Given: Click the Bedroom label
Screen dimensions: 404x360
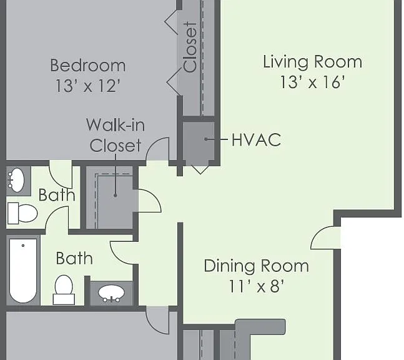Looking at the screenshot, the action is pyautogui.click(x=88, y=66).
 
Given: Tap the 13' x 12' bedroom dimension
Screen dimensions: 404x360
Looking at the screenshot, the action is pyautogui.click(x=88, y=86).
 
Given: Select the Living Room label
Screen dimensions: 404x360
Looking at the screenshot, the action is pyautogui.click(x=313, y=62).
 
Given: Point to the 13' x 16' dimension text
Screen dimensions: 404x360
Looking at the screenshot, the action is pyautogui.click(x=312, y=82).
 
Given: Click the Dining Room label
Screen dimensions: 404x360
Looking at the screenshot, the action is pyautogui.click(x=257, y=266).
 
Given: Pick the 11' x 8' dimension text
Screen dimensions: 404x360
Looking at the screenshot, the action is pyautogui.click(x=257, y=286).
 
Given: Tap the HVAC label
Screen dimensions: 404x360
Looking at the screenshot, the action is pyautogui.click(x=256, y=139).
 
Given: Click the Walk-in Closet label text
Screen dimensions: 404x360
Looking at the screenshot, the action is pyautogui.click(x=116, y=135).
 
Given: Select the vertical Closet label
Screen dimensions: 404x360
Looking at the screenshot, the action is pyautogui.click(x=190, y=47).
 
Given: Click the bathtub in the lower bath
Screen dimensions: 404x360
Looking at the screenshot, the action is pyautogui.click(x=23, y=271).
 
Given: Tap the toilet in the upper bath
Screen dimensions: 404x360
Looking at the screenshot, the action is pyautogui.click(x=22, y=213).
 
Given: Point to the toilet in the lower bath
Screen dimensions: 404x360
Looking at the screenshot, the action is pyautogui.click(x=64, y=290).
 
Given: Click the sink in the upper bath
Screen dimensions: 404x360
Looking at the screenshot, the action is pyautogui.click(x=16, y=180).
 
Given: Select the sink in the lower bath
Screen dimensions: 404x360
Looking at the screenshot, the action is pyautogui.click(x=111, y=293).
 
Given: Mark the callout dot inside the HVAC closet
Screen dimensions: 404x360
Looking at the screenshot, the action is pyautogui.click(x=206, y=139).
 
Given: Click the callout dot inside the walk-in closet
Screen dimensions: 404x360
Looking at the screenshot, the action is pyautogui.click(x=115, y=196).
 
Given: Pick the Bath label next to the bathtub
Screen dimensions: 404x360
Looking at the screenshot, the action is pyautogui.click(x=74, y=258).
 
